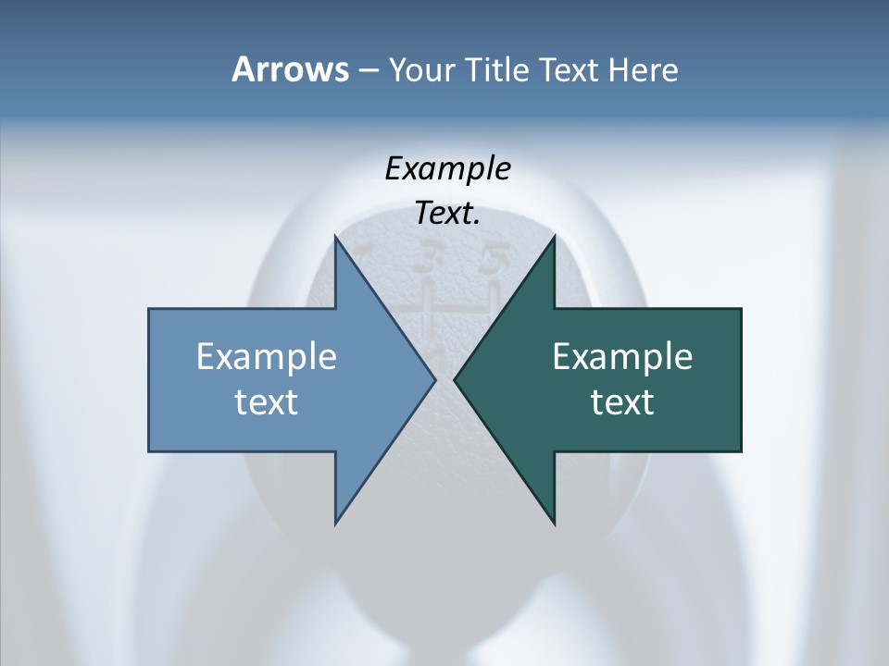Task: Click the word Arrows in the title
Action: point(289,69)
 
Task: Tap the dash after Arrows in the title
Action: point(368,70)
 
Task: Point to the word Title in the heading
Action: point(495,69)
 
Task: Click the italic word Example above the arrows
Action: point(447,169)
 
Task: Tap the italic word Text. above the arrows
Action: point(447,214)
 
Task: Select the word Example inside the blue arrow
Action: point(267,356)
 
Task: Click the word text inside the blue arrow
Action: point(267,401)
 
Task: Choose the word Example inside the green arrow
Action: point(622,356)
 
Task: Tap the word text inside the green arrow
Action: point(622,401)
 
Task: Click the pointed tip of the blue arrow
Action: point(434,379)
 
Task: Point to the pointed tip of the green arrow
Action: point(455,379)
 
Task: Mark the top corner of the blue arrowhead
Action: point(335,236)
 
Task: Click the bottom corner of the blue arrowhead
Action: point(335,524)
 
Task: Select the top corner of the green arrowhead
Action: point(554,236)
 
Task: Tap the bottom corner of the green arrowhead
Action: point(554,524)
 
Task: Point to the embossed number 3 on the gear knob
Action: point(427,260)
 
